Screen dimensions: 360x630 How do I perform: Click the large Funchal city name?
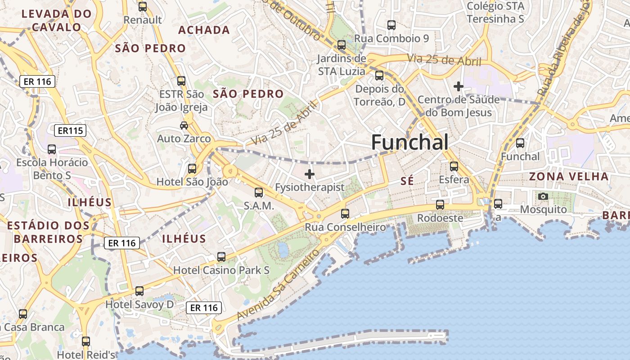[409, 143]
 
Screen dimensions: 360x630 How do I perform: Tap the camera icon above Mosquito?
[543, 196]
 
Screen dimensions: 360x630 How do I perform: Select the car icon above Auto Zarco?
[184, 125]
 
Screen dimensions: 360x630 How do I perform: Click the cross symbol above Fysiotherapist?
[310, 174]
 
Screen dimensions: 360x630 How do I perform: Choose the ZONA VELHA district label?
[569, 176]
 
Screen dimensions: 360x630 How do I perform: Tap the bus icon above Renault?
[143, 7]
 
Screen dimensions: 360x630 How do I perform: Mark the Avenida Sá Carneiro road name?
[278, 285]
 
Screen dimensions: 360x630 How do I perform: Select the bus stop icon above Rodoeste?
[440, 205]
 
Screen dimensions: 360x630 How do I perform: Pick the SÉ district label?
[407, 181]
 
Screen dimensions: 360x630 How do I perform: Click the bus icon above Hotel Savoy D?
[139, 291]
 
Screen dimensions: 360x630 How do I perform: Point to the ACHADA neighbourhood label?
[204, 30]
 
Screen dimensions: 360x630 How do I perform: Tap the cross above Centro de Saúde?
[459, 86]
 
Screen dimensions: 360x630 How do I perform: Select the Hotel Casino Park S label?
[221, 270]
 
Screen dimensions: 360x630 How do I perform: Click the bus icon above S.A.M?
[259, 193]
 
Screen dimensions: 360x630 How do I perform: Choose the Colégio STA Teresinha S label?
[495, 13]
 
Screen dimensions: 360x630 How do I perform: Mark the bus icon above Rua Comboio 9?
[391, 25]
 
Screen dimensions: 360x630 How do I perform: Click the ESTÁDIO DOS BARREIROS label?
[45, 232]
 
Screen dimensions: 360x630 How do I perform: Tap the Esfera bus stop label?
[454, 180]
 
